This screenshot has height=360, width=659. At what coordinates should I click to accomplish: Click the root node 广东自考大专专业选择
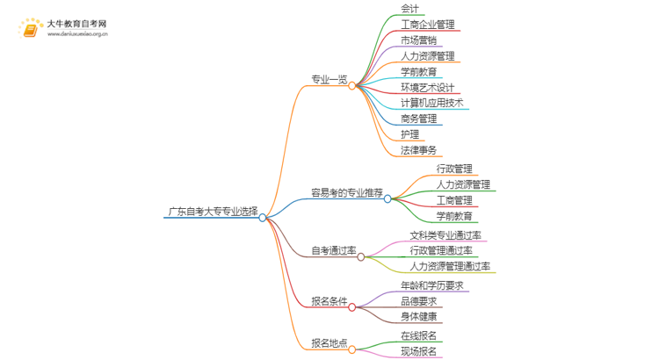(213, 211)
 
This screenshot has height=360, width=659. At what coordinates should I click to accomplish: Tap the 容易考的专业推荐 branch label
(346, 191)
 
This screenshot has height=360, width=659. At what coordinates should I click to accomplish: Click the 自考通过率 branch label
(333, 250)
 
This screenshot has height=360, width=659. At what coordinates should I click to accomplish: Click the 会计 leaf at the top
(409, 9)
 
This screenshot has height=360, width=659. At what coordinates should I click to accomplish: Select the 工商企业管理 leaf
(427, 25)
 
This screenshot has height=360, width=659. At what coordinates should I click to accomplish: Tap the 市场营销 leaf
(418, 40)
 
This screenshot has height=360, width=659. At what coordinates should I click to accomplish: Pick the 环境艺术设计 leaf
(427, 87)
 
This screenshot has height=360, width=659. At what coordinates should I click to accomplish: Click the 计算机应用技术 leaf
(431, 103)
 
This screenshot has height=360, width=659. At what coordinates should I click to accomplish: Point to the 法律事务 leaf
(418, 150)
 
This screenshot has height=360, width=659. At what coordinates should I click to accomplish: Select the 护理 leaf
(409, 134)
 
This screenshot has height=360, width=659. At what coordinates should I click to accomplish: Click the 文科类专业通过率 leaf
(445, 234)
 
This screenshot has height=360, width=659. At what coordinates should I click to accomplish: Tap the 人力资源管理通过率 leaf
(450, 266)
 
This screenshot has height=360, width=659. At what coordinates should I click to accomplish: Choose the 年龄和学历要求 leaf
(431, 285)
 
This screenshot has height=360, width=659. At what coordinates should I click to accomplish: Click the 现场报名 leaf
(418, 351)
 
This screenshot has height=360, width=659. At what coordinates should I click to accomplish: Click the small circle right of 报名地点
(352, 349)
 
